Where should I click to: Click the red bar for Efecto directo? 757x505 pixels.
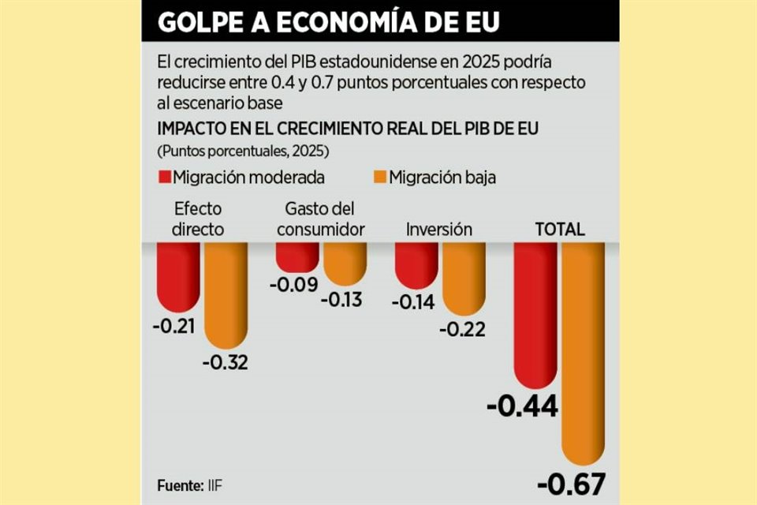tap(178, 276)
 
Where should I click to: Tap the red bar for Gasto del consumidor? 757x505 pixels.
tap(296, 256)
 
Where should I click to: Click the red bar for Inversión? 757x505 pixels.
tap(416, 265)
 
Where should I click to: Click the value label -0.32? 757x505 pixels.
tap(226, 363)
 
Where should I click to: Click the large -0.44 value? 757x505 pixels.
tap(523, 407)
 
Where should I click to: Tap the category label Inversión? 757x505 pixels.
tap(439, 230)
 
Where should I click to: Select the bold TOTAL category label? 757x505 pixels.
tap(560, 230)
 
